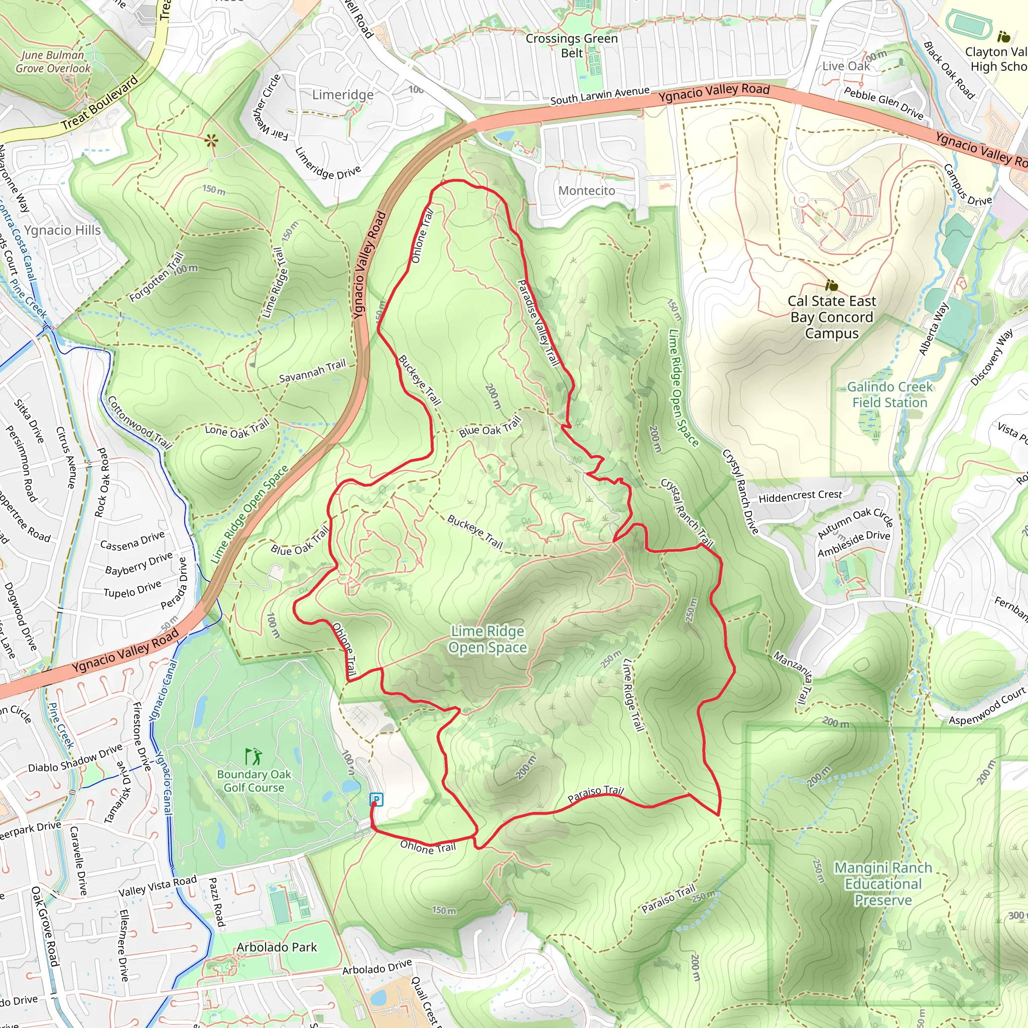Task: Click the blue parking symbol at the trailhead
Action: point(376,799)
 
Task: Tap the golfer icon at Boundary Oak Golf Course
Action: point(253,756)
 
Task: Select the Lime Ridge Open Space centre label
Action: point(487,639)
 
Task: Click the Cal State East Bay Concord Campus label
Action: point(832,317)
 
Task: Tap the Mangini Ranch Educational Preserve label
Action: point(883,884)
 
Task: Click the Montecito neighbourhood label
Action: point(586,190)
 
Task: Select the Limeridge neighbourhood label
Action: point(343,95)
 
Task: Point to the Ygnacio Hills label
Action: point(62,230)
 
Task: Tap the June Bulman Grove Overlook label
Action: point(53,62)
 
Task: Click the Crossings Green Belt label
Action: point(572,45)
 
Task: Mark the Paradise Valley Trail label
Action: point(539,323)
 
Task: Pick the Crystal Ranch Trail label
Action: point(686,513)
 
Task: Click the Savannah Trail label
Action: point(312,371)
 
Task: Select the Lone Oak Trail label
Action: point(237,428)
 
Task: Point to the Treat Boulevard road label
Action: point(99,103)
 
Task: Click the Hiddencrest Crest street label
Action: point(800,496)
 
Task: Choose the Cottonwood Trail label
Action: point(140,423)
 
